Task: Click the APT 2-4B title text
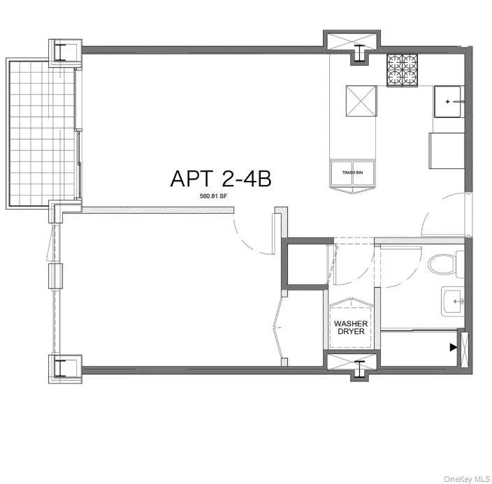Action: [x=220, y=178]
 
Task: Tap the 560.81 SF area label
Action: [x=214, y=196]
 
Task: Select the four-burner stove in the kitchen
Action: [x=403, y=69]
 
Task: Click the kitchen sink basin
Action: [x=447, y=101]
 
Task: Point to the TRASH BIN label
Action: [x=351, y=173]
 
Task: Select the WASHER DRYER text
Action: [x=351, y=328]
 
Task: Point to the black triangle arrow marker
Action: [x=454, y=346]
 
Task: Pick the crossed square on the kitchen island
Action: [x=362, y=102]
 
